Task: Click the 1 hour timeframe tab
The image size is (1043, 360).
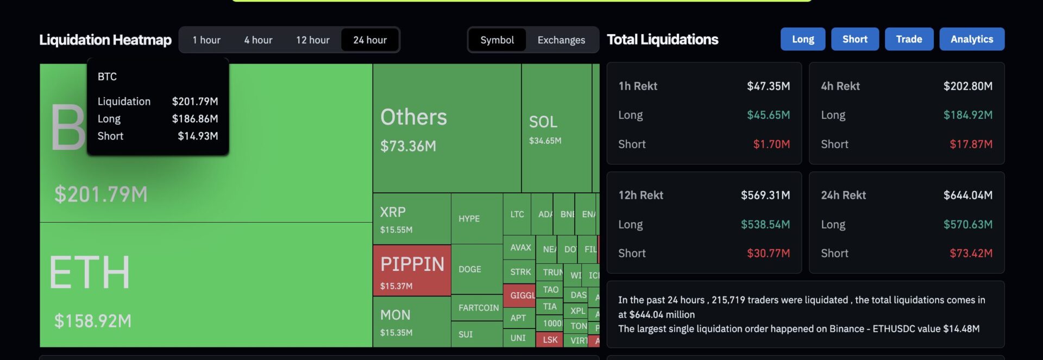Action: click(206, 40)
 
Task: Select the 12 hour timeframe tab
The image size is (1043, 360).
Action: click(312, 40)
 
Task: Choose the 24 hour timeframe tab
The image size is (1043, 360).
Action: click(370, 40)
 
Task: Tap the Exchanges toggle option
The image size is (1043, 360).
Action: click(561, 40)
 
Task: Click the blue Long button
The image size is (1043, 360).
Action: click(802, 39)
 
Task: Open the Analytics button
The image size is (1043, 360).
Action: click(971, 39)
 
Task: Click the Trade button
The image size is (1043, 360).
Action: click(909, 39)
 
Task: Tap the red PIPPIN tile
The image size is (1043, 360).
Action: click(412, 270)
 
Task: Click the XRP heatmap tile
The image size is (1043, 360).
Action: click(411, 218)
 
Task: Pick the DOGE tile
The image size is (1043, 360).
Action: click(476, 269)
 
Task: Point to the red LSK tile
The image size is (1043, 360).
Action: click(550, 340)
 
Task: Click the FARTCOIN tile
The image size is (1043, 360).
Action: click(478, 308)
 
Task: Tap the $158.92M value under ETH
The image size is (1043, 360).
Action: click(93, 321)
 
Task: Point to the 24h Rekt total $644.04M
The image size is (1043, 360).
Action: click(967, 195)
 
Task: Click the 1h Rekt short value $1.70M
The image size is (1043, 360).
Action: click(771, 144)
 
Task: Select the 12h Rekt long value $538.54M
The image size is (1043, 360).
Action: click(765, 225)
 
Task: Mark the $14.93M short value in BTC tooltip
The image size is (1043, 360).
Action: click(198, 136)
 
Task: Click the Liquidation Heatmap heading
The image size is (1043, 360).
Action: click(105, 40)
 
